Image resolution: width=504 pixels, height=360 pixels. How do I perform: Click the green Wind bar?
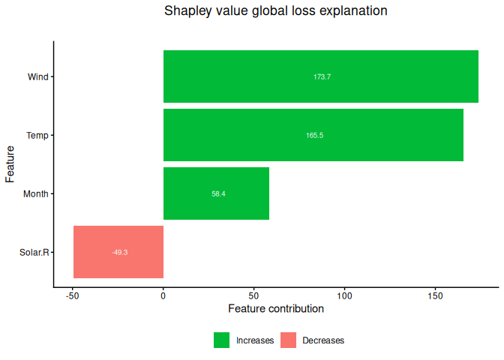[x=321, y=76]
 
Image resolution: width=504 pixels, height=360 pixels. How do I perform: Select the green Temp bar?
[x=313, y=135]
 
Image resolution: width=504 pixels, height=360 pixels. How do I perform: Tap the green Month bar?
[x=216, y=193]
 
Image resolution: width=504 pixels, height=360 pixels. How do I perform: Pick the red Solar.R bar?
[x=118, y=252]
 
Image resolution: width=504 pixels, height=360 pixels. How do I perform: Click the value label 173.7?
[x=322, y=76]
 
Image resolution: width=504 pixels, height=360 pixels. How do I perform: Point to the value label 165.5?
[x=315, y=135]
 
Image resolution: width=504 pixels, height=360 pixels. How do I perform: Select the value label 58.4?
[x=218, y=193]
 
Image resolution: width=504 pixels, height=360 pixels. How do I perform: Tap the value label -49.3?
[x=119, y=252]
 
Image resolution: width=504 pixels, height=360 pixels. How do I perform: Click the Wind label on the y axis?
[x=38, y=76]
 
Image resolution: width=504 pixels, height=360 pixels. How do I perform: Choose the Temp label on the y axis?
[x=37, y=135]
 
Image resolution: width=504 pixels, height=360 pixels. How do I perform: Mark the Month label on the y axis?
[x=36, y=193]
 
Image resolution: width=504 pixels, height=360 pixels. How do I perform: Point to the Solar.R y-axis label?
[x=34, y=252]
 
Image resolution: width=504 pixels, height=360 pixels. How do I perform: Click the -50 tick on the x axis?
[x=73, y=296]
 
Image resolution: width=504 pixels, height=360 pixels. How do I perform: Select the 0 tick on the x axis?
[x=163, y=296]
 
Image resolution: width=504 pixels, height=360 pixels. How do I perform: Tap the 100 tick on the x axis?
[x=344, y=296]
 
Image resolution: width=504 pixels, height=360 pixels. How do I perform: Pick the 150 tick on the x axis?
[x=435, y=296]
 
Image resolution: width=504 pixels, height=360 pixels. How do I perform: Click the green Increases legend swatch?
[x=222, y=340]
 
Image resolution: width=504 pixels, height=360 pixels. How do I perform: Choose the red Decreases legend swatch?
[x=288, y=340]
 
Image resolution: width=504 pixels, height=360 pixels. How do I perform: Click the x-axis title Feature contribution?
[x=276, y=308]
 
